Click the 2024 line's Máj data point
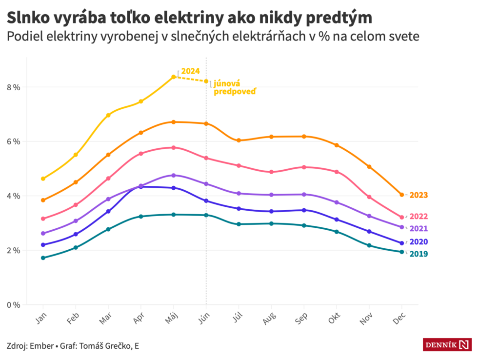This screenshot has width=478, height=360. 174,77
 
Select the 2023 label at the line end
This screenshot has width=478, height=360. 418,195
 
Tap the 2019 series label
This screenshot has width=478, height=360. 418,254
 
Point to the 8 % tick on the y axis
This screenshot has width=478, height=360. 13,87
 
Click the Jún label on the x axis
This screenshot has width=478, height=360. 205,319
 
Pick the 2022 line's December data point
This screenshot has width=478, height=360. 402,217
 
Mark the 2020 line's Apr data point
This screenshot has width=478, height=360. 141,186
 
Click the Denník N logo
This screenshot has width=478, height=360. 447,345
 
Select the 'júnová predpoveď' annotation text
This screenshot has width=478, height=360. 234,87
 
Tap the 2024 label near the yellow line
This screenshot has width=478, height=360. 190,71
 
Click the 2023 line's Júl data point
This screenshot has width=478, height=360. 239,140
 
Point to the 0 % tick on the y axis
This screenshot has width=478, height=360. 13,305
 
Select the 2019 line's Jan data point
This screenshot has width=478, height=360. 43,258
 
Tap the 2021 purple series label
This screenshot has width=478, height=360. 418,229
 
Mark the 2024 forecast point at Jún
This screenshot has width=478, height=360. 206,81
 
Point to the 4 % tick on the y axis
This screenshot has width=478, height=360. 13,196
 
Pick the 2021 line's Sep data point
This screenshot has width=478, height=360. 304,194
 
